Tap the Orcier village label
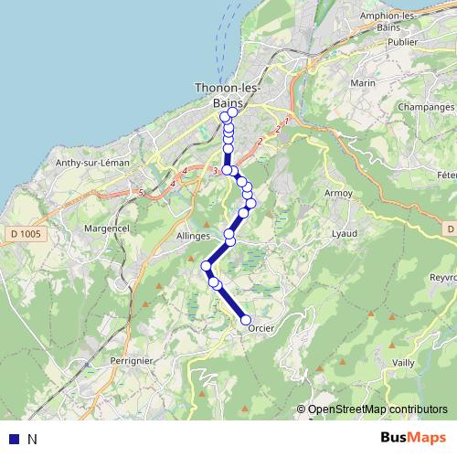(x=261, y=330)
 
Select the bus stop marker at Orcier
(x=246, y=320)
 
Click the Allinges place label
(x=193, y=235)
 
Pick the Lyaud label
(x=344, y=234)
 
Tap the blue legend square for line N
(x=13, y=439)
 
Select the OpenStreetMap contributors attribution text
(x=377, y=409)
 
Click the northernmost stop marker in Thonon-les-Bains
(x=230, y=113)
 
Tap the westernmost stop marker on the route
(x=207, y=266)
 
